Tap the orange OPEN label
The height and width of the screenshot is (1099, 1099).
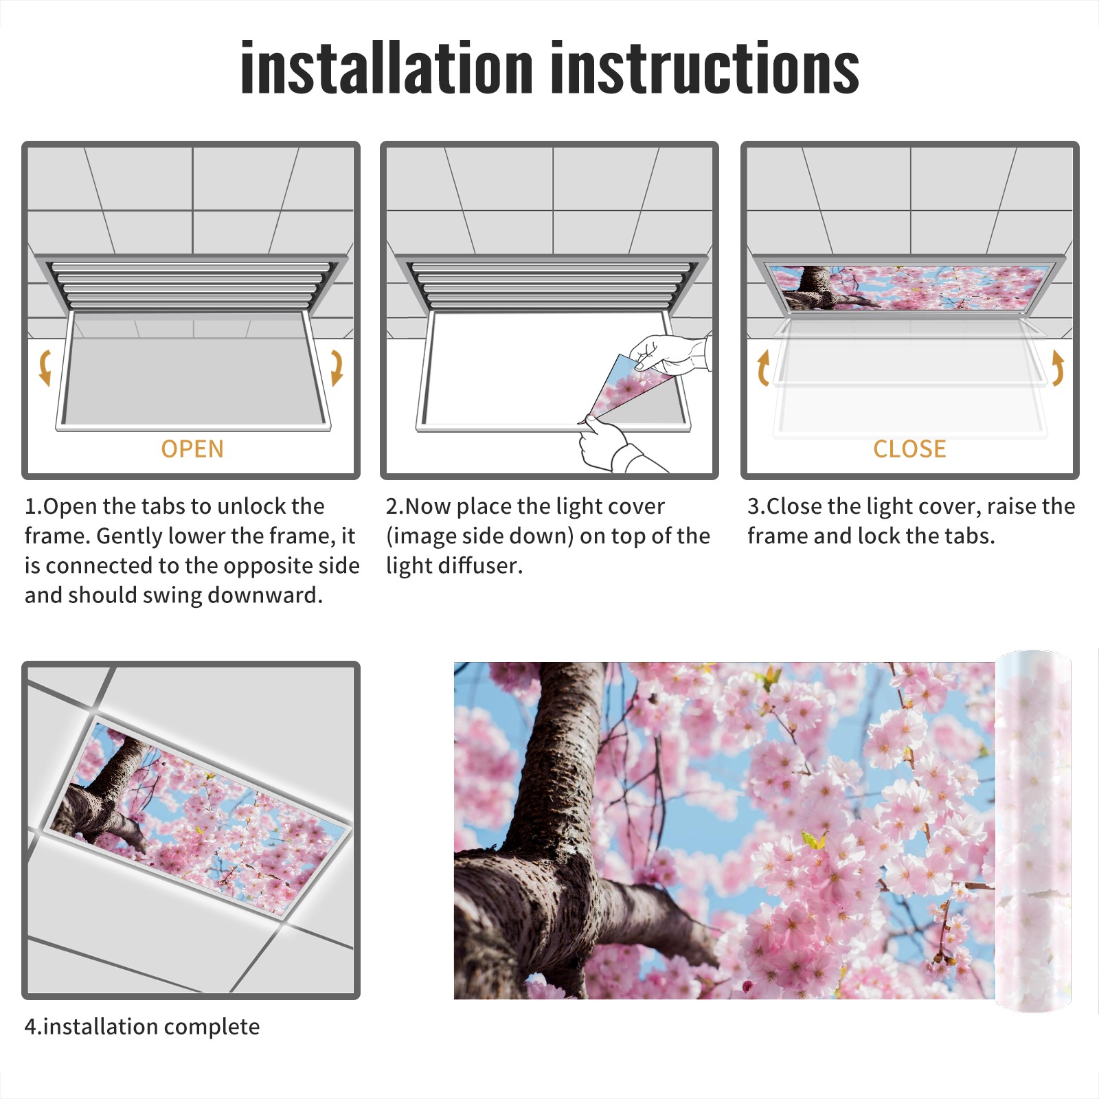coord(192,449)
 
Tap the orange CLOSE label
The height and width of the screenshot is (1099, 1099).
coord(909,449)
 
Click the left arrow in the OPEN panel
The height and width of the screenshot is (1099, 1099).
coord(44,367)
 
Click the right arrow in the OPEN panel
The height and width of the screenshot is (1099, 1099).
coord(337,367)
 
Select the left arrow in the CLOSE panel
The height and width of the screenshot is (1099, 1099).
coord(762,367)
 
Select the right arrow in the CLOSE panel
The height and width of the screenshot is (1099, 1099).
coord(1058,367)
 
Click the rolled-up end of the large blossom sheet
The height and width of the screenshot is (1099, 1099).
coord(1034,831)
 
